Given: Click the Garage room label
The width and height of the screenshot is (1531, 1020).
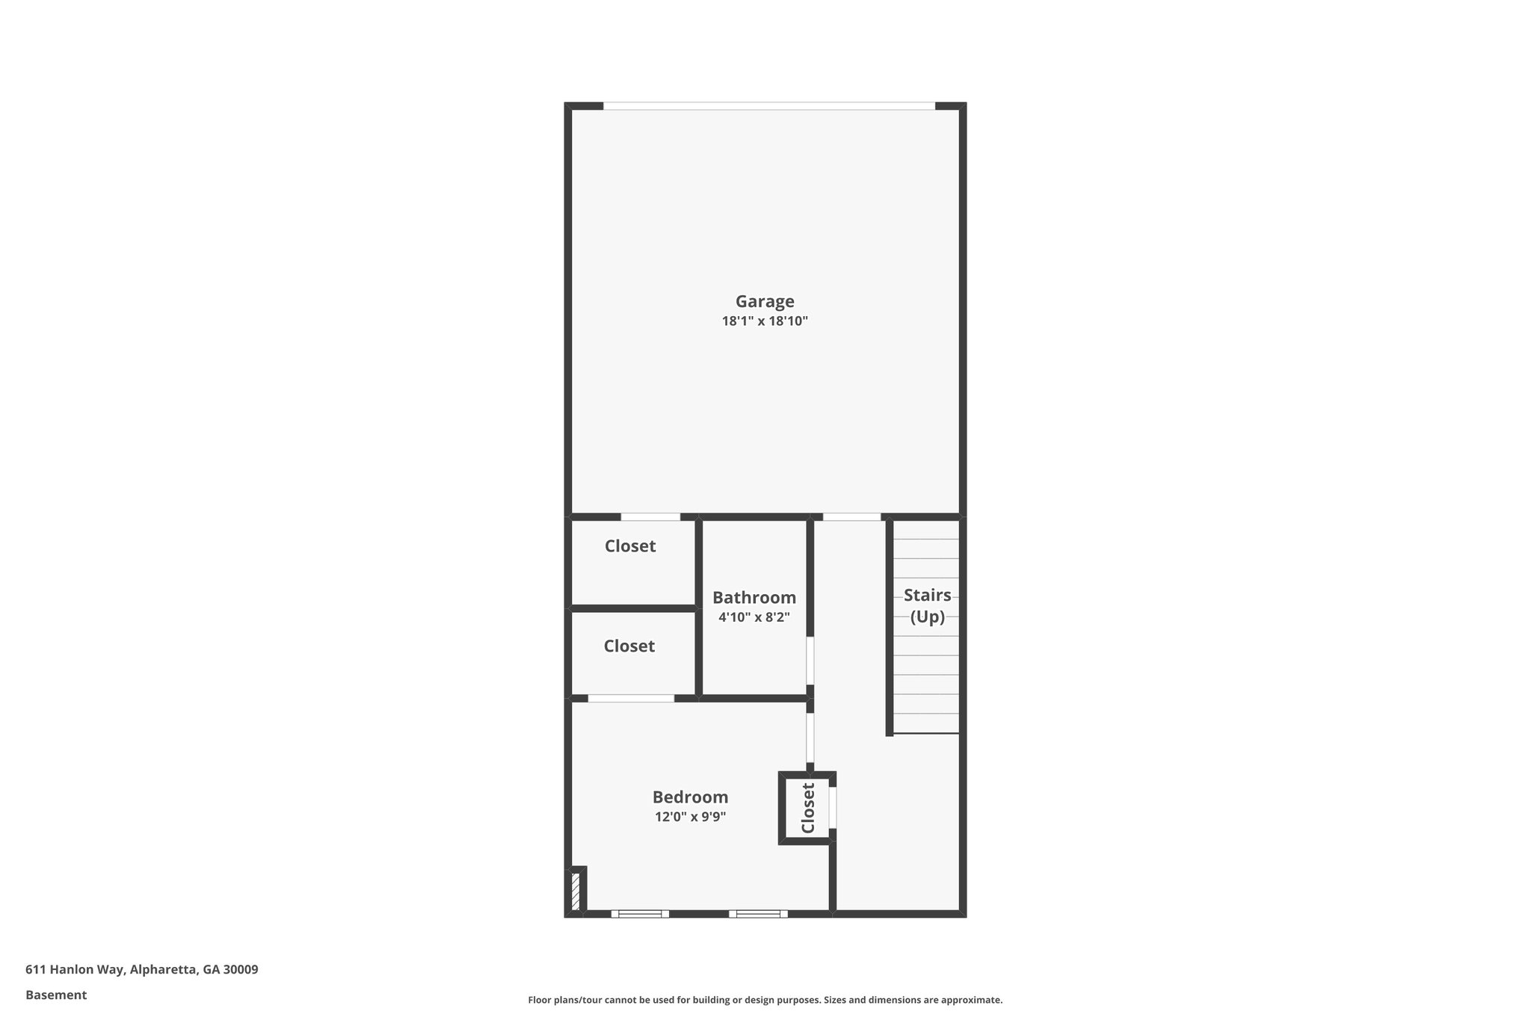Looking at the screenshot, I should [765, 301].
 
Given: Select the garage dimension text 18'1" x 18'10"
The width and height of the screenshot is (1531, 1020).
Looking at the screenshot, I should [765, 321].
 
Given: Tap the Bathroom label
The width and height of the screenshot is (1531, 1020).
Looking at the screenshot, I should [754, 598].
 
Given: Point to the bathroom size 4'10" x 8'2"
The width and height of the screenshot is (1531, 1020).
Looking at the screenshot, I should [754, 617].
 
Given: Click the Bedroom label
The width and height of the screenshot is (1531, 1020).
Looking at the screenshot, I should [690, 797].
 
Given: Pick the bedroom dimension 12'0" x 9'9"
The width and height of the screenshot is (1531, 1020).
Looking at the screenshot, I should [690, 817].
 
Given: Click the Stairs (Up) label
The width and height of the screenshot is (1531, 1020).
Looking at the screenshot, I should [927, 606].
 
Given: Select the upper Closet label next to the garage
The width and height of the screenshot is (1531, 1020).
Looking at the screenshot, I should [630, 546].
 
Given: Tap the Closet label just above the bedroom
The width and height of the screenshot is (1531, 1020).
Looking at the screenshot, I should [629, 646].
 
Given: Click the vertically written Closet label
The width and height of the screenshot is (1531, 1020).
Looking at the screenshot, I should [808, 808].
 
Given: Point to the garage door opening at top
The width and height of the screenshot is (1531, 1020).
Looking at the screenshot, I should [768, 106].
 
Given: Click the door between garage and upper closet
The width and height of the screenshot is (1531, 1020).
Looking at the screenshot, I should [650, 516].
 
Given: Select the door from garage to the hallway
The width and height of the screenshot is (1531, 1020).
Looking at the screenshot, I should [851, 516].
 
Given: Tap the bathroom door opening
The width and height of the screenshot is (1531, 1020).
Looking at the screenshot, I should [810, 661].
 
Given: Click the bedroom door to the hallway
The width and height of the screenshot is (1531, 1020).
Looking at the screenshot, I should [810, 738].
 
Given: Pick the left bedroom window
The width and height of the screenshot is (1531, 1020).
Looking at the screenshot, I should [640, 913].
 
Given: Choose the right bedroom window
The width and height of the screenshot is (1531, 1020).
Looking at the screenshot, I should [758, 913].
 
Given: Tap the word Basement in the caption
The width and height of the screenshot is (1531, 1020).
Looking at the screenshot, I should [56, 995].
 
